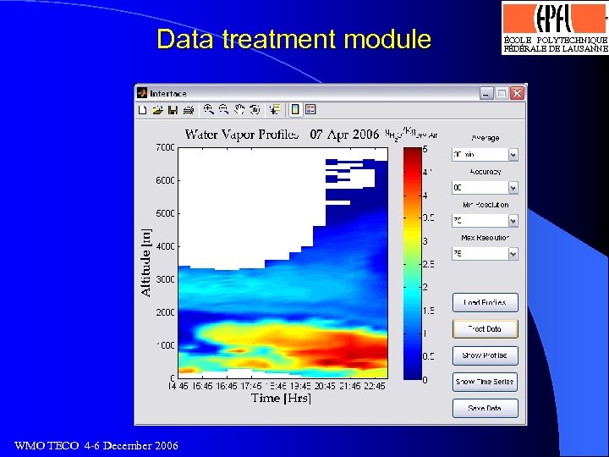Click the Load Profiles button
click(x=485, y=302)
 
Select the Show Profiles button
click(x=485, y=355)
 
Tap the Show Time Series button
click(x=485, y=382)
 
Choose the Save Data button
click(x=485, y=408)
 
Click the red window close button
click(x=517, y=93)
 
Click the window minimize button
click(x=486, y=93)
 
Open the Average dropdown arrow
click(x=513, y=155)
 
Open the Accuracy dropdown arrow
click(x=513, y=188)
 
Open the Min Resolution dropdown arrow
click(x=513, y=221)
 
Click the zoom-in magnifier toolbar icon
click(x=208, y=109)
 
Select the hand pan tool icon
click(x=239, y=109)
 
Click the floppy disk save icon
click(x=173, y=109)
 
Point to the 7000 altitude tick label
click(x=164, y=148)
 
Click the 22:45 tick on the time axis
click(x=374, y=386)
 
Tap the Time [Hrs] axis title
click(x=281, y=399)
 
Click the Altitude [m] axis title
click(x=145, y=262)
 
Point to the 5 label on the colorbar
click(x=425, y=150)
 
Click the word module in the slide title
click(x=384, y=39)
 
